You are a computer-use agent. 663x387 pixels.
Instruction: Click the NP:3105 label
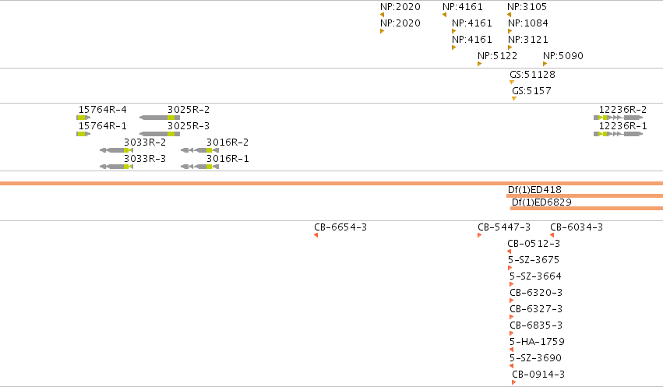(527, 7)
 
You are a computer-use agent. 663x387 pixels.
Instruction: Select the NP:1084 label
(527, 23)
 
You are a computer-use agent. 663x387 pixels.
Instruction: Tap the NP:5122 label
(497, 56)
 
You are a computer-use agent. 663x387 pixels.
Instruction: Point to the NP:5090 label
(562, 56)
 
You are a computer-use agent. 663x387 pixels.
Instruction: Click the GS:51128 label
(532, 75)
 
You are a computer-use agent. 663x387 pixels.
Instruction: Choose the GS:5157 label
(531, 91)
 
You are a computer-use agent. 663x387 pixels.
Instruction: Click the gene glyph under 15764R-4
(83, 118)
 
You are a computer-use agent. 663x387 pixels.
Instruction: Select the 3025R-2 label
(189, 110)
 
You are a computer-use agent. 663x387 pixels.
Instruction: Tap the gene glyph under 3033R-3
(116, 167)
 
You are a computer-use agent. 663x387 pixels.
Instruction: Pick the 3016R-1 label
(227, 159)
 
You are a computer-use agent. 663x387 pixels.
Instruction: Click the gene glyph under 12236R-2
(618, 118)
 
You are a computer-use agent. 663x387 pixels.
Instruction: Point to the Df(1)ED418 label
(534, 190)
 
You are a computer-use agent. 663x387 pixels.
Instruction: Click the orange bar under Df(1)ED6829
(587, 208)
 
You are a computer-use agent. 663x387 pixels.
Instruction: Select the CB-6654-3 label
(340, 227)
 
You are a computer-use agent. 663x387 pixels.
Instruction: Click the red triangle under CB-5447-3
(479, 235)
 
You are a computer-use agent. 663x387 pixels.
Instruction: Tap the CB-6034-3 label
(577, 227)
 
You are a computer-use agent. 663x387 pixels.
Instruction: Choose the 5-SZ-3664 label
(535, 276)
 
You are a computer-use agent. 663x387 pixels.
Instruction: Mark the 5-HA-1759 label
(537, 342)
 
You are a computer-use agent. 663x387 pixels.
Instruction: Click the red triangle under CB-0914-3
(513, 382)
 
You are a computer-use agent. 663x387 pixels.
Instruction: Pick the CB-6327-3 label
(536, 309)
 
